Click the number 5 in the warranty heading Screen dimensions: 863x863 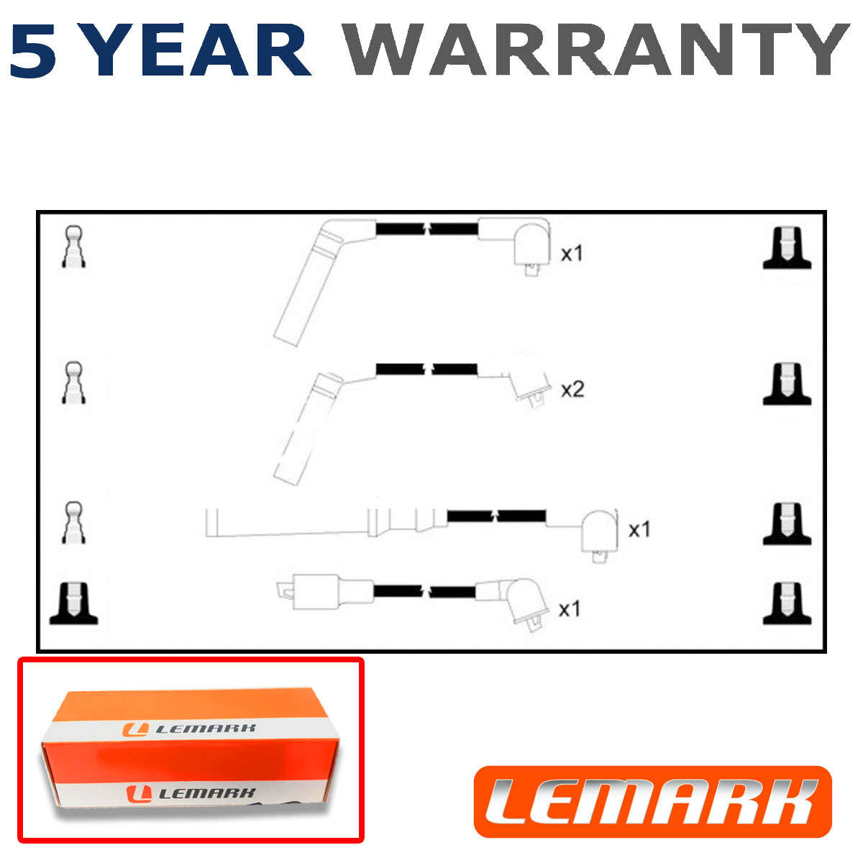point(33,50)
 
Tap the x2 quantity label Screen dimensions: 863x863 point(572,390)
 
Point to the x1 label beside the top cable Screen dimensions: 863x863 point(572,253)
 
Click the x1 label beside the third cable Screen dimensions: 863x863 point(639,530)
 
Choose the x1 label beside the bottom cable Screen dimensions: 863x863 point(569,609)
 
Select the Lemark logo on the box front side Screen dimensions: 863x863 point(191,794)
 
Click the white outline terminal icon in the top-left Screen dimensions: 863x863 point(73,247)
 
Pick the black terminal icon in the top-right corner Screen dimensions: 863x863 point(787,247)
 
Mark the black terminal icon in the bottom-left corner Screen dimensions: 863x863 point(73,603)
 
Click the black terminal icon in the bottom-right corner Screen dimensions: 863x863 point(787,603)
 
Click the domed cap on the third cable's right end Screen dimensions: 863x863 point(599,536)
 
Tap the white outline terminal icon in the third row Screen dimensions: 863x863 point(73,521)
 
